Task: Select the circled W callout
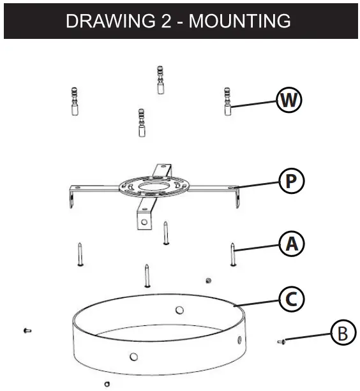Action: tap(289, 100)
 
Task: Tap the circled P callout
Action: tap(291, 181)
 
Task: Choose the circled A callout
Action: tap(291, 243)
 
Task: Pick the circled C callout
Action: tap(291, 299)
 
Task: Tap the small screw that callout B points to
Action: tap(282, 343)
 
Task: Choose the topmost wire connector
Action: tap(160, 80)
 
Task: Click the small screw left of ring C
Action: tap(26, 330)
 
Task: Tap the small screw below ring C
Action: tap(106, 384)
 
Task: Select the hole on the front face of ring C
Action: tap(133, 357)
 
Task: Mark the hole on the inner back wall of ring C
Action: tap(179, 310)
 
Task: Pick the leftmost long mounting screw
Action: tap(79, 255)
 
